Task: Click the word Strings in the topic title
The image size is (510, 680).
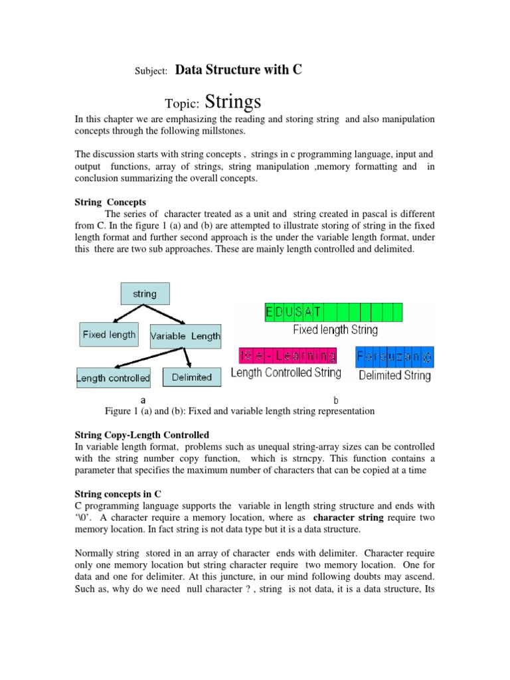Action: coord(233,102)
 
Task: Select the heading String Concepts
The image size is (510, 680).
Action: coord(109,202)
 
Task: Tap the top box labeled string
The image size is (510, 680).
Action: coord(145,294)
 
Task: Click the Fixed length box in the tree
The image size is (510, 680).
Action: coord(109,335)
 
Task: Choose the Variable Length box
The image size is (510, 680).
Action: coord(185,336)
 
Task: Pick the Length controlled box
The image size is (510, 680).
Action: coord(113,378)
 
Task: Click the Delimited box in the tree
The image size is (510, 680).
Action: coord(191,377)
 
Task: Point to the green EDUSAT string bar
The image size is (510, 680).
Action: coord(333,312)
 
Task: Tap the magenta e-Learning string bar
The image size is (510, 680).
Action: coord(287,355)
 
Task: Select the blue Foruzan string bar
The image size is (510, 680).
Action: coord(394,356)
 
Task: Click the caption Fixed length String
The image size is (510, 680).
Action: coord(335,329)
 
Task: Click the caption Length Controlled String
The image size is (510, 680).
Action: coord(286,373)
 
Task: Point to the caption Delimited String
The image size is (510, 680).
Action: coord(394,375)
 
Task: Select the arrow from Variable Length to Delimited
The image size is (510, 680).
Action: coord(189,357)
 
